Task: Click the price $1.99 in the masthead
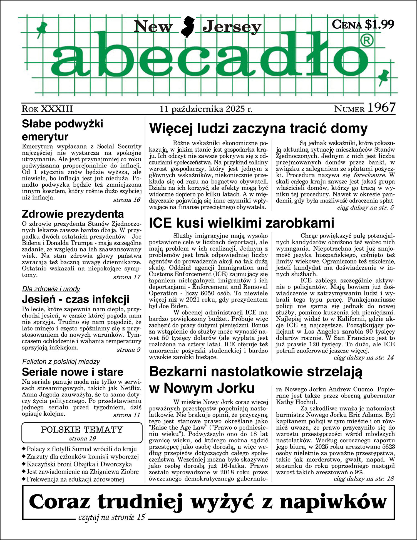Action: click(379, 25)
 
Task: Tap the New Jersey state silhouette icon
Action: click(188, 27)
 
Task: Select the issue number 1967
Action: click(381, 108)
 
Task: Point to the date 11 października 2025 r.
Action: click(206, 109)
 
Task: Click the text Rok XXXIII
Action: click(47, 109)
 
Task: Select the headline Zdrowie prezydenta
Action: click(73, 214)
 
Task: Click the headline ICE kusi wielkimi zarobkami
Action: click(242, 223)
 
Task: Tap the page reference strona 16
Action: click(127, 200)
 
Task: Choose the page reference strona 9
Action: click(128, 350)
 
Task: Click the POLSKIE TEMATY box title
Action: click(82, 430)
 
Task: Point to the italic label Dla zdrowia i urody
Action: click(51, 289)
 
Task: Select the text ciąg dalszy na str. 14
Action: click(364, 357)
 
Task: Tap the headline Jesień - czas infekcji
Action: click(76, 300)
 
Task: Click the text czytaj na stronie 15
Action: click(112, 517)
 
